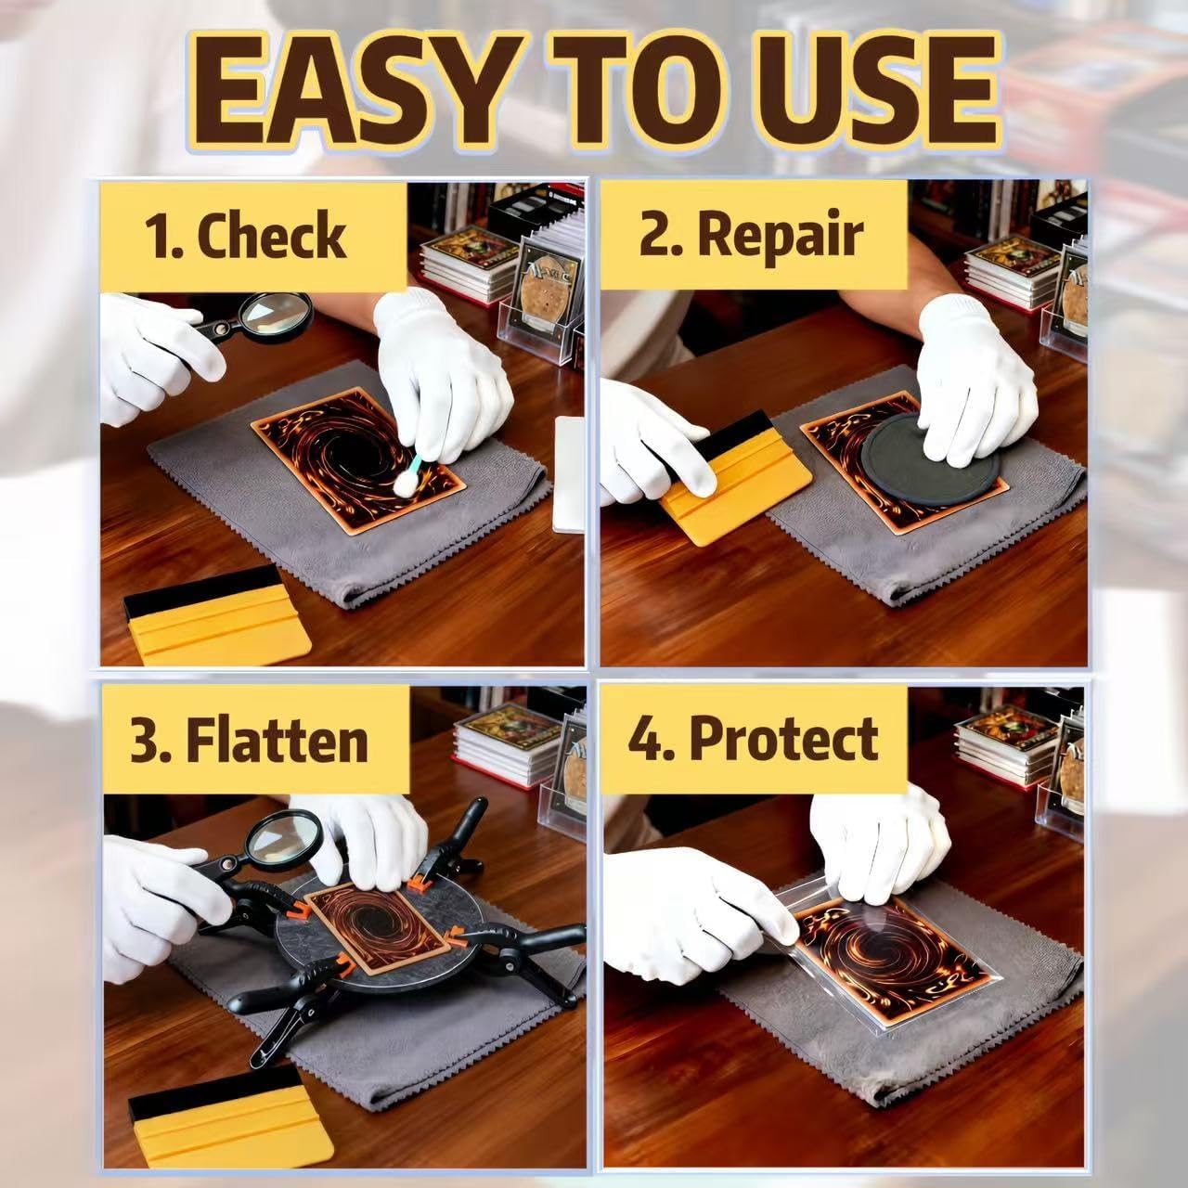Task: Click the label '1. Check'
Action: point(245,236)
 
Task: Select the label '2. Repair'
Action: point(751,236)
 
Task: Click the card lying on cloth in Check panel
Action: point(358,458)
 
